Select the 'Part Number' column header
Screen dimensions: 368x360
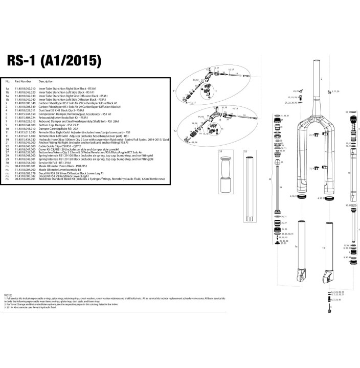click(23, 81)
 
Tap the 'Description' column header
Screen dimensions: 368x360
click(46, 81)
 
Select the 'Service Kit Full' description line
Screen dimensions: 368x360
click(56, 162)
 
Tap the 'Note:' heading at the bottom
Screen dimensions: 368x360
click(8, 295)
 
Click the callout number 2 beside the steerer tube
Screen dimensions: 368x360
click(322, 79)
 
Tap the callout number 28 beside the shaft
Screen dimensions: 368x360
click(281, 188)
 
